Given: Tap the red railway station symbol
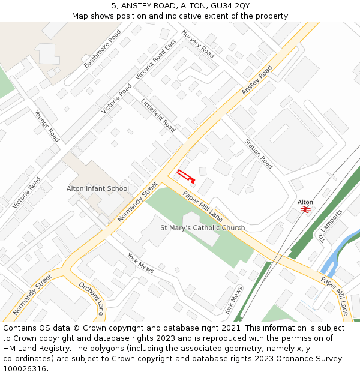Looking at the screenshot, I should [x=305, y=210].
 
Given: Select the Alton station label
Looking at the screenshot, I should [x=305, y=202].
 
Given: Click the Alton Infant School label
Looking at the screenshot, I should [x=97, y=188].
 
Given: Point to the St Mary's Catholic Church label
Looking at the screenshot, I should [x=202, y=228].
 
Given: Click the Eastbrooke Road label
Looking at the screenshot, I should [x=103, y=48].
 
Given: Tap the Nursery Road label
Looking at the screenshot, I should [x=198, y=44].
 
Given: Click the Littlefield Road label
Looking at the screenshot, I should [x=158, y=115].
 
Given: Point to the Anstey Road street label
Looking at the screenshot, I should [x=257, y=80].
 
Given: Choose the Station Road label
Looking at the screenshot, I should [x=259, y=154].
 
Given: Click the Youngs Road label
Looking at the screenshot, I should [x=47, y=126].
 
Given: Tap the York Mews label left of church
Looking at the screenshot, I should [x=140, y=263].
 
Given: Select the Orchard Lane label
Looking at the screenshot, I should [x=91, y=298].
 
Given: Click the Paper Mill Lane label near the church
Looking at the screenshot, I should [x=202, y=205].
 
